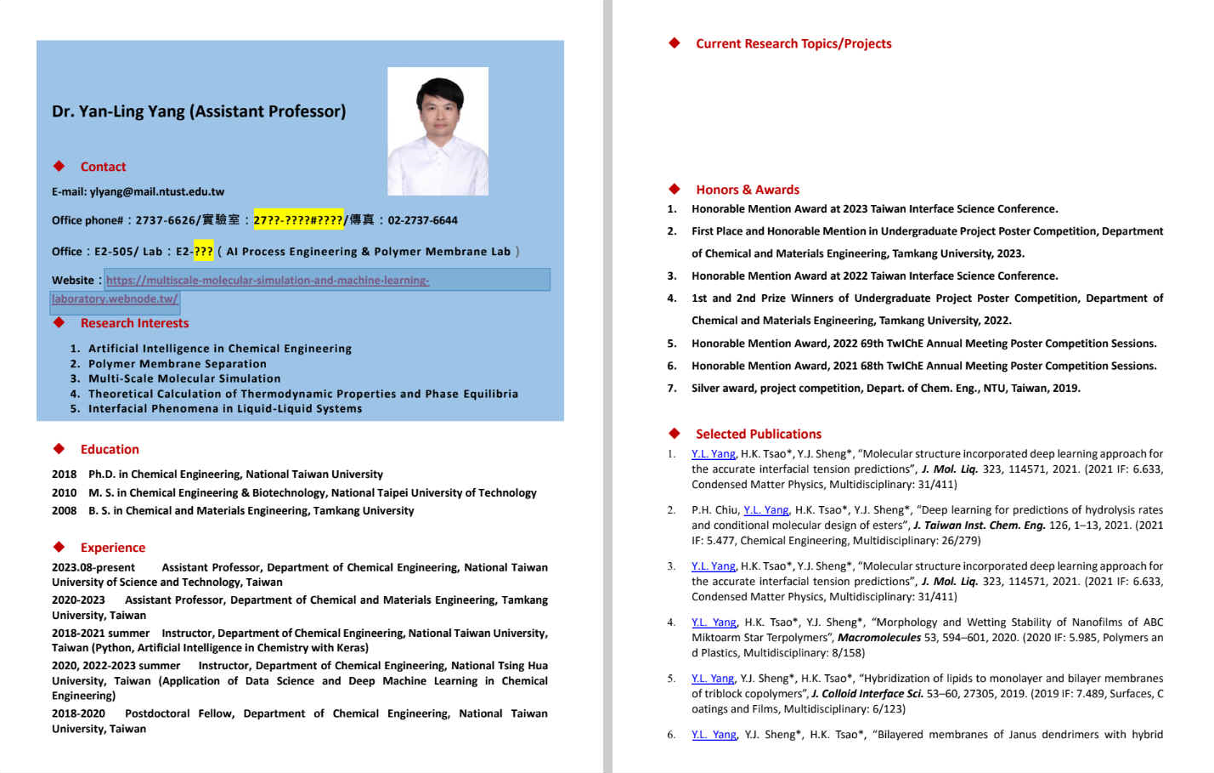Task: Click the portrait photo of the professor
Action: tap(438, 131)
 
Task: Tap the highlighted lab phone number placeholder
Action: tap(298, 220)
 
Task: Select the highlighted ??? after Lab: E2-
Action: tap(203, 252)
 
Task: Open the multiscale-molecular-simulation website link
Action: tap(267, 281)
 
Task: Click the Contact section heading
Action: tap(103, 167)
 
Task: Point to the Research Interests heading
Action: tap(134, 323)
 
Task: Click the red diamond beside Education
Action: tap(59, 449)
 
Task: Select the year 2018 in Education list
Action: tap(64, 475)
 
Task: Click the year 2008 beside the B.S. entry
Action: tap(64, 511)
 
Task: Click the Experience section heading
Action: tap(112, 548)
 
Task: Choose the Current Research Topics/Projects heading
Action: tap(793, 44)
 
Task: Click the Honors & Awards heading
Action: tap(747, 190)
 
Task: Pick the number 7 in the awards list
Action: tap(671, 389)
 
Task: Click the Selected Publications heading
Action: tap(758, 434)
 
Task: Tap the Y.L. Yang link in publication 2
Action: tap(765, 510)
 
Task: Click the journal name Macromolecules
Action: tap(878, 638)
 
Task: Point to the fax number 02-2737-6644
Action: tap(422, 220)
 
